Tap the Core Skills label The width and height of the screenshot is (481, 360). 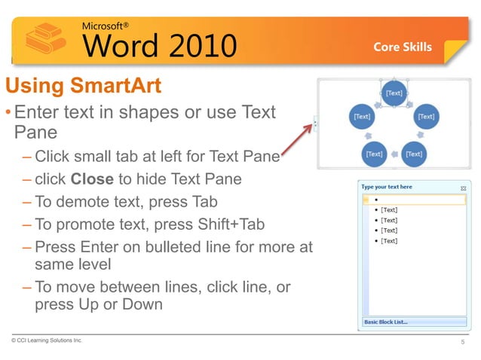pyautogui.click(x=403, y=47)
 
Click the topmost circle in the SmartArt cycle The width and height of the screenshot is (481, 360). pyautogui.click(x=393, y=93)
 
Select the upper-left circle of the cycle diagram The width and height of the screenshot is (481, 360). pyautogui.click(x=362, y=117)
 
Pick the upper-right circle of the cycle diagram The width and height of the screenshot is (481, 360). pyautogui.click(x=426, y=117)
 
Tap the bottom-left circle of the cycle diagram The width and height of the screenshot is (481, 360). pyautogui.click(x=375, y=153)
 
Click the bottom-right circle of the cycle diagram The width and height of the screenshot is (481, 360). pyautogui.click(x=413, y=153)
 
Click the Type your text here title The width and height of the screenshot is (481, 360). pyautogui.click(x=387, y=187)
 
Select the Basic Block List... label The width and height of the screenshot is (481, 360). pyautogui.click(x=386, y=322)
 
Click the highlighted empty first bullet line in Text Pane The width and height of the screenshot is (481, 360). pyautogui.click(x=415, y=200)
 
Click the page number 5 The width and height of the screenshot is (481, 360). pyautogui.click(x=462, y=343)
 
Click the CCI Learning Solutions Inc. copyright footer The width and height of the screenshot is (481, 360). pyautogui.click(x=47, y=341)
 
